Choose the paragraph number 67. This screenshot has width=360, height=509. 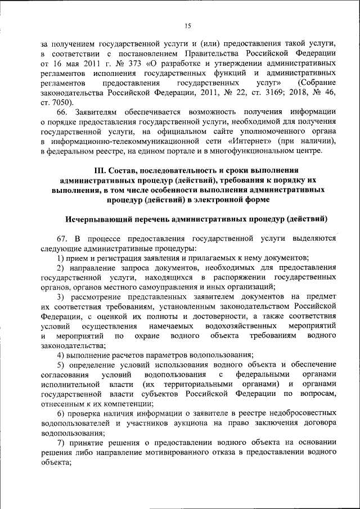[63, 238]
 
